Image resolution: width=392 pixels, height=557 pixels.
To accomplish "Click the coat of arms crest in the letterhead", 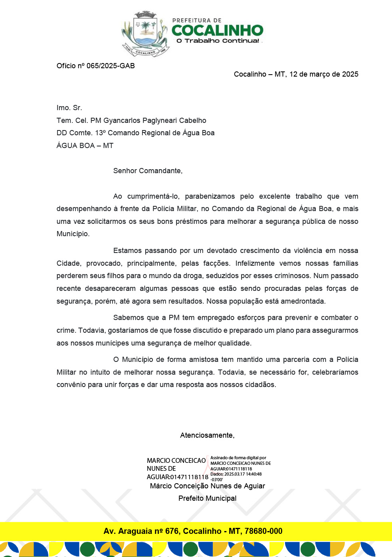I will coord(145,34).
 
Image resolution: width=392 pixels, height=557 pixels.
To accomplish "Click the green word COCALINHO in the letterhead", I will coord(218,30).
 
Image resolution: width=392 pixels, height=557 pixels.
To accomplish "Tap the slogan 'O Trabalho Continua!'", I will coord(218,41).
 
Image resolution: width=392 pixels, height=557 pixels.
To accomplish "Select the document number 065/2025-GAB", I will coord(111,66).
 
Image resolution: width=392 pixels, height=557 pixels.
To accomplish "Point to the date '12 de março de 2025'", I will coord(324,74).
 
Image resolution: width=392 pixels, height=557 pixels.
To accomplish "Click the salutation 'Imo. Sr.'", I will coord(69,108).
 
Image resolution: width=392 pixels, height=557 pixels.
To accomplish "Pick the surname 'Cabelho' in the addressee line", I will coord(193,120).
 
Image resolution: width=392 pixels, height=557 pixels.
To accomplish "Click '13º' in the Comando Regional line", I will coord(100,133).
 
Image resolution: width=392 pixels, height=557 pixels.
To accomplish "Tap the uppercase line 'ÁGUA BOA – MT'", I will coord(85,146).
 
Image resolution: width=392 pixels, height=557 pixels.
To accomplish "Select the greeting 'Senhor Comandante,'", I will coord(148,171).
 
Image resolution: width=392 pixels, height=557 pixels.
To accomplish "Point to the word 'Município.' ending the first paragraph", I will coord(73,234).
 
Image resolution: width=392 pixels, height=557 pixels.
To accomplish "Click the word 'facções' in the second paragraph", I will coord(216,263).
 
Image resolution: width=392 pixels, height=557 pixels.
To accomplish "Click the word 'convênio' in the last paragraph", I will coord(70,385).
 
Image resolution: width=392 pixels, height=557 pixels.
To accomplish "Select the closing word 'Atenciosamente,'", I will coord(207,435).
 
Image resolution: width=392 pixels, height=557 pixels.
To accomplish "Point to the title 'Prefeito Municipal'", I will coord(207,498).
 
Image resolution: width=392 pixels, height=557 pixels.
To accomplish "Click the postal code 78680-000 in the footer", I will coord(263,531).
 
